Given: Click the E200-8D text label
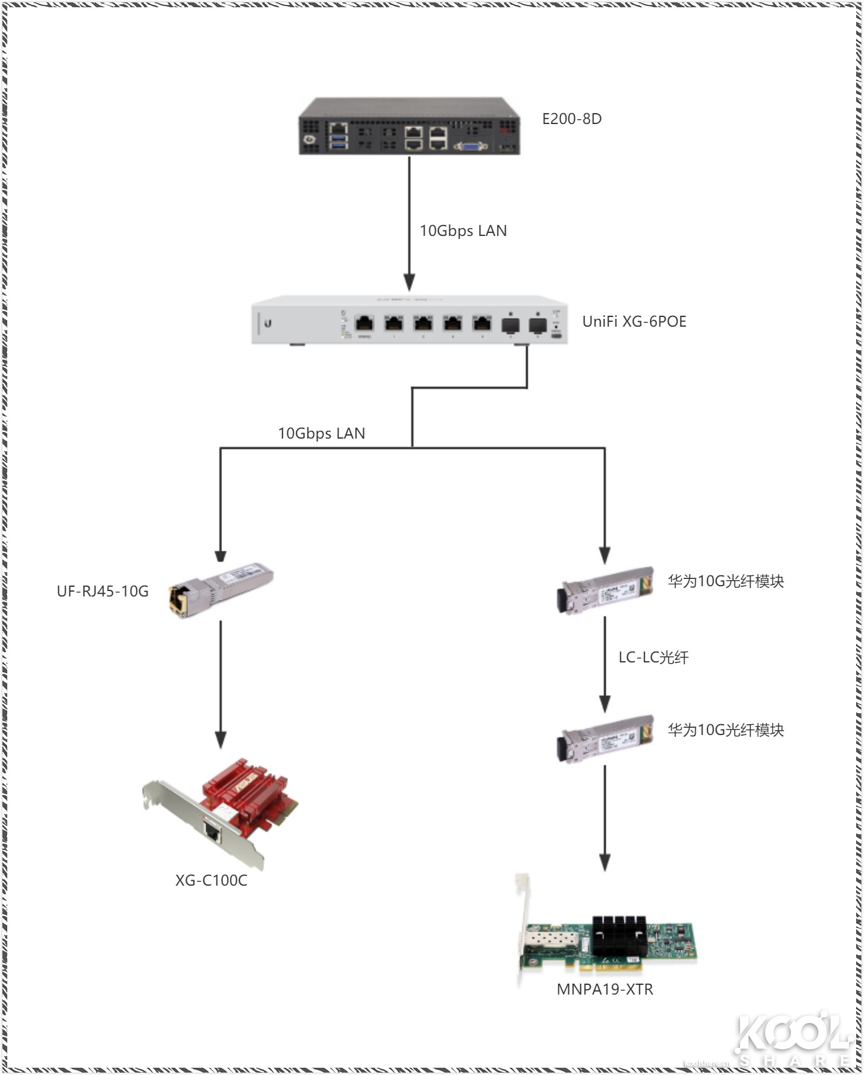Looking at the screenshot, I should click(x=571, y=119).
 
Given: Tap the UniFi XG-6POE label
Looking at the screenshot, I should click(x=634, y=321).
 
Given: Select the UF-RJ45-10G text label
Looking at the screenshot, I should click(x=103, y=591).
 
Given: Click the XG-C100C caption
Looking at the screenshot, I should click(x=211, y=880).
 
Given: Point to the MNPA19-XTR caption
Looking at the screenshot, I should click(x=605, y=989).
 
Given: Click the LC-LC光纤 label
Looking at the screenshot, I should click(x=653, y=657).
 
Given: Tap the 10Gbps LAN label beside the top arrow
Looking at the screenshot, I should click(x=463, y=230).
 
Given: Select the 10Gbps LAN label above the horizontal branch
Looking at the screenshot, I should click(x=321, y=433).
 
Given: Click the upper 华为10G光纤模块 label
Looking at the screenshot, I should click(x=726, y=581).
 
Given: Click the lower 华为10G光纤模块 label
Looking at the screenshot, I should click(x=726, y=730).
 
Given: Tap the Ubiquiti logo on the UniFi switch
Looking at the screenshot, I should click(x=268, y=323).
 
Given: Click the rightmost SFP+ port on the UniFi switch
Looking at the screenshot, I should click(x=538, y=325).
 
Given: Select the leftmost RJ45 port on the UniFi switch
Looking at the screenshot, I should click(x=365, y=324).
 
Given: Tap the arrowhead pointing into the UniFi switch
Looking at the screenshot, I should click(x=409, y=283).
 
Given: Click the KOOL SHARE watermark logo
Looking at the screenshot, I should click(x=793, y=1038).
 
